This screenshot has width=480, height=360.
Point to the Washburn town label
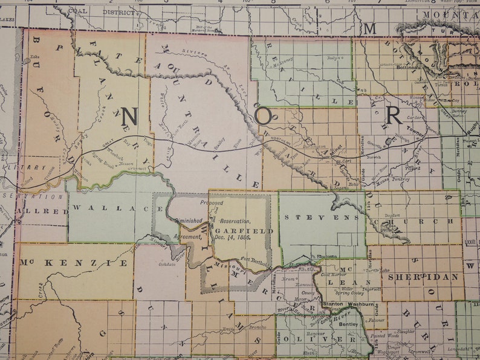click(x=362, y=304)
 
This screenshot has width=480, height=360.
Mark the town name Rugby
click(x=473, y=124)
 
